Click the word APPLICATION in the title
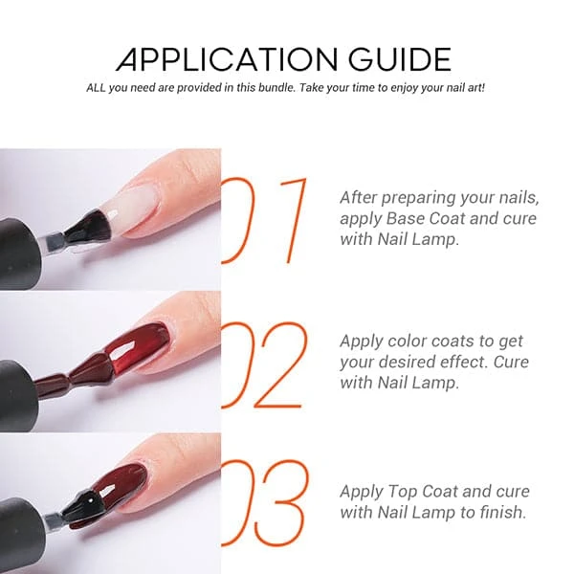[x=227, y=58]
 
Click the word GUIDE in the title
[x=400, y=58]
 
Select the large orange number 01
[x=264, y=220]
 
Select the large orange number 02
[x=264, y=365]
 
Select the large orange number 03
[x=265, y=503]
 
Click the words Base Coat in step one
[x=425, y=218]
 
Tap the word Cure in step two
[x=511, y=362]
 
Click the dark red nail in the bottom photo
[x=123, y=482]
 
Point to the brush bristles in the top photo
[x=88, y=227]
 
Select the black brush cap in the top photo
[x=19, y=252]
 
